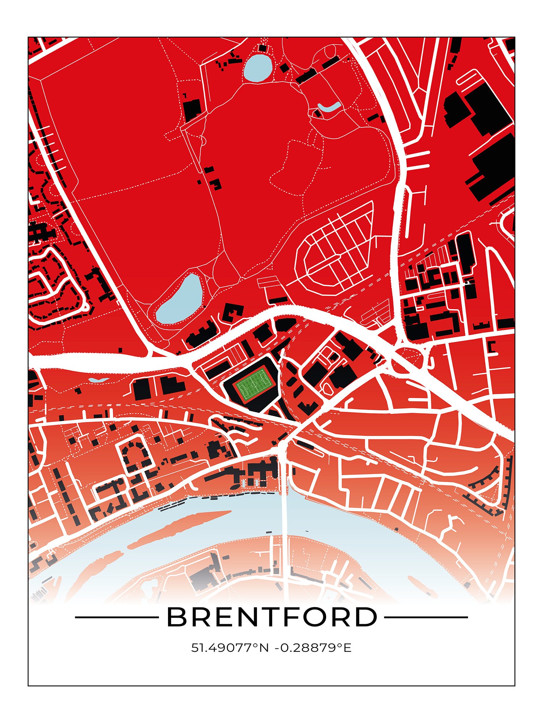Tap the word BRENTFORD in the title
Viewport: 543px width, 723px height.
coord(271,617)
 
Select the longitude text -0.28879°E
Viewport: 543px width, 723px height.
coord(313,648)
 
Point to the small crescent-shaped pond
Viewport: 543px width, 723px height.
coord(329,107)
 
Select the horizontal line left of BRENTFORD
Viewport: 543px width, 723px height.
coord(116,617)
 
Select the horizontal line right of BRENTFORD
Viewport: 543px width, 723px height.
coord(425,617)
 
